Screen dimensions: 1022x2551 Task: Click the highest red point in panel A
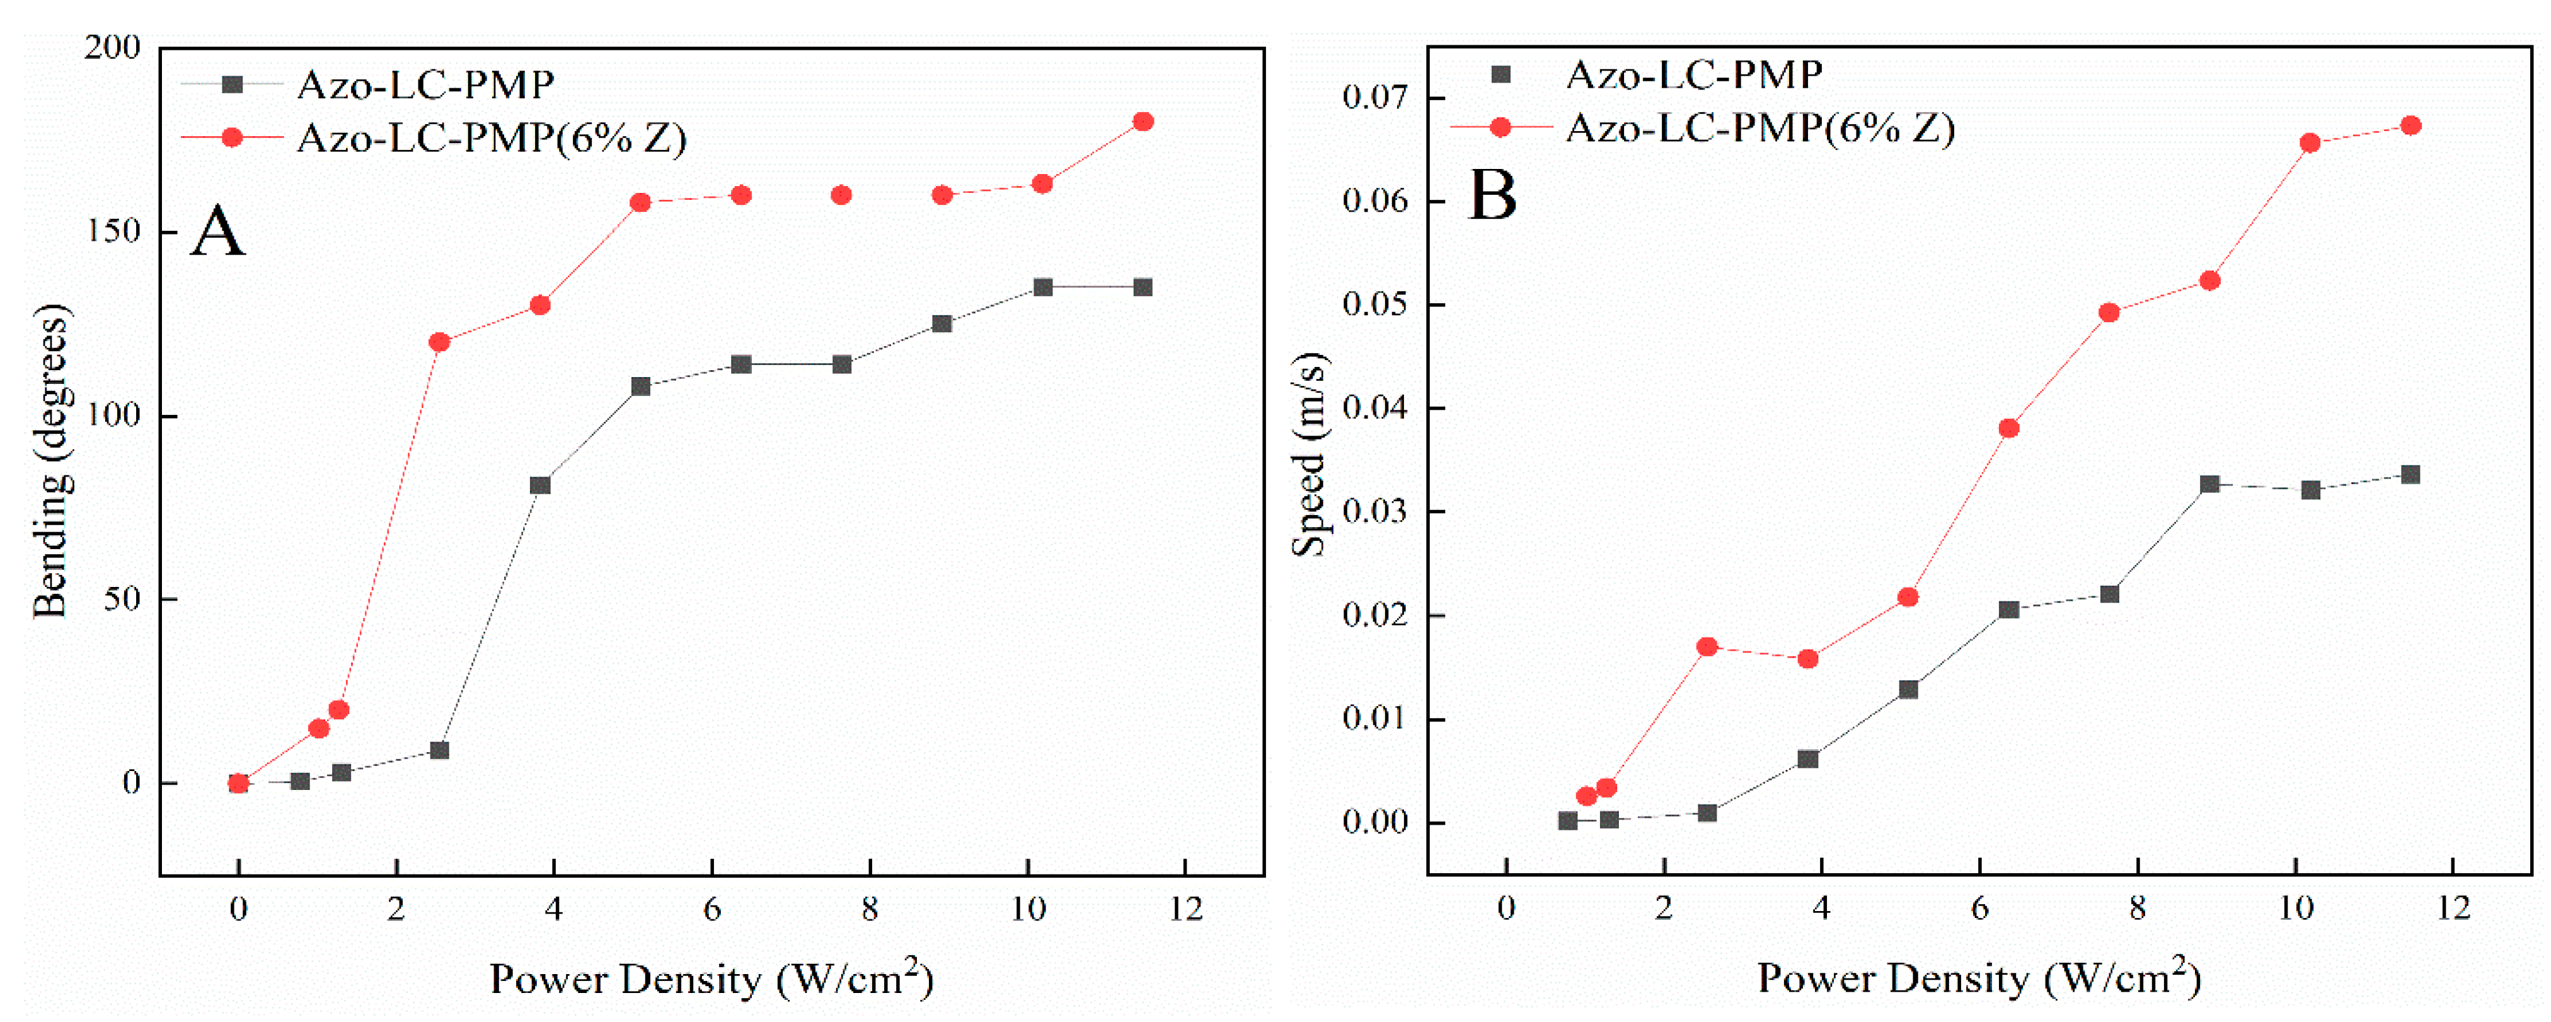[1142, 122]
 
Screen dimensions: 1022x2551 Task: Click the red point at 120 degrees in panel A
[439, 342]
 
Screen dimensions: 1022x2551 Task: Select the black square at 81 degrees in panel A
[539, 485]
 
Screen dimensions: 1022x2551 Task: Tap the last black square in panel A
[1142, 287]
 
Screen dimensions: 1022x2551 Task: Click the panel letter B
[1492, 195]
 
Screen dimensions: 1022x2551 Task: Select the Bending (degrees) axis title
[52, 460]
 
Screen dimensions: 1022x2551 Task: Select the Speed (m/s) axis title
[1310, 456]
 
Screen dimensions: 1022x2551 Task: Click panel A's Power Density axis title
[711, 978]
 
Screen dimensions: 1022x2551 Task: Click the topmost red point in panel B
[2410, 125]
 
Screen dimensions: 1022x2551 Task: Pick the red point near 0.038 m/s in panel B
[2008, 429]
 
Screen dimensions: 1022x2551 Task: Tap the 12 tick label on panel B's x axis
[2453, 908]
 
